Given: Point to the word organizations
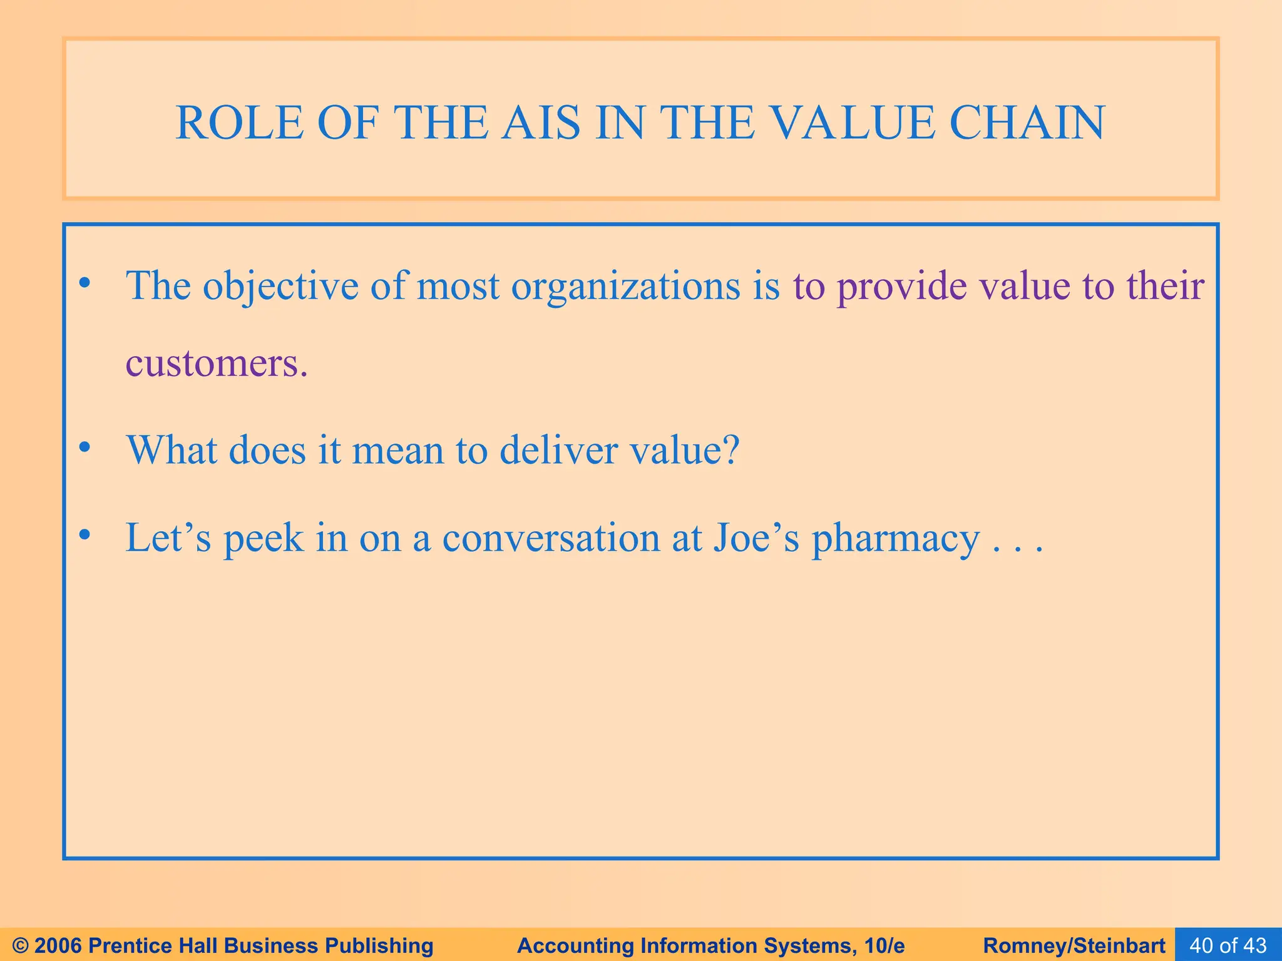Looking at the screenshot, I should (x=625, y=287).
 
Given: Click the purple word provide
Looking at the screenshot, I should (x=902, y=287).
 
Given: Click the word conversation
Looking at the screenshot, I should (x=551, y=538).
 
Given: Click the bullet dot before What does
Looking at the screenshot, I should (x=85, y=448).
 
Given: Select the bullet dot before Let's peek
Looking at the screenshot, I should (x=85, y=536).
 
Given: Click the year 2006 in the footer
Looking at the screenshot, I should (x=59, y=945).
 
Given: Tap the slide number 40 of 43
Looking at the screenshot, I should (x=1228, y=945).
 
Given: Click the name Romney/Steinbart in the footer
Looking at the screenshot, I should (x=1074, y=945).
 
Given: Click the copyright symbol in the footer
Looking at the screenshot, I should (x=21, y=945).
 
